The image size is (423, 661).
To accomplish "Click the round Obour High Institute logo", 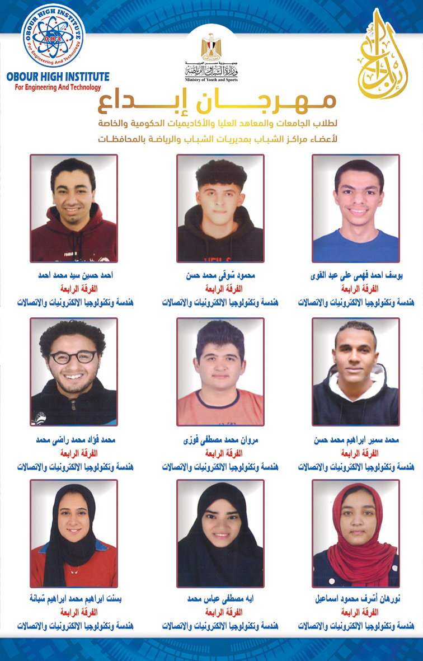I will coord(53,36).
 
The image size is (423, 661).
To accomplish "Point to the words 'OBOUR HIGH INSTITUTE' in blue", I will coord(58,77).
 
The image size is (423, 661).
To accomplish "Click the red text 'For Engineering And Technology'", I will coord(54,87).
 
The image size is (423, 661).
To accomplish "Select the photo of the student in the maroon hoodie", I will coord(74,208).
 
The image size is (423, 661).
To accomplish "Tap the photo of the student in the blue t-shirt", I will coord(356,208).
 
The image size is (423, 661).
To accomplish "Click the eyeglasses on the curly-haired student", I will coord(73,357).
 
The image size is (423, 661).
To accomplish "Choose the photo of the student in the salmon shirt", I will coord(220,372).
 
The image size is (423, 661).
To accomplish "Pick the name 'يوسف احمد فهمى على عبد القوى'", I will coord(356,276).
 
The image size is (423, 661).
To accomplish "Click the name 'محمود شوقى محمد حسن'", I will coord(220,276).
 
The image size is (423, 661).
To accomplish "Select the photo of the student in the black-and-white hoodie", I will coord(356,372).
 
